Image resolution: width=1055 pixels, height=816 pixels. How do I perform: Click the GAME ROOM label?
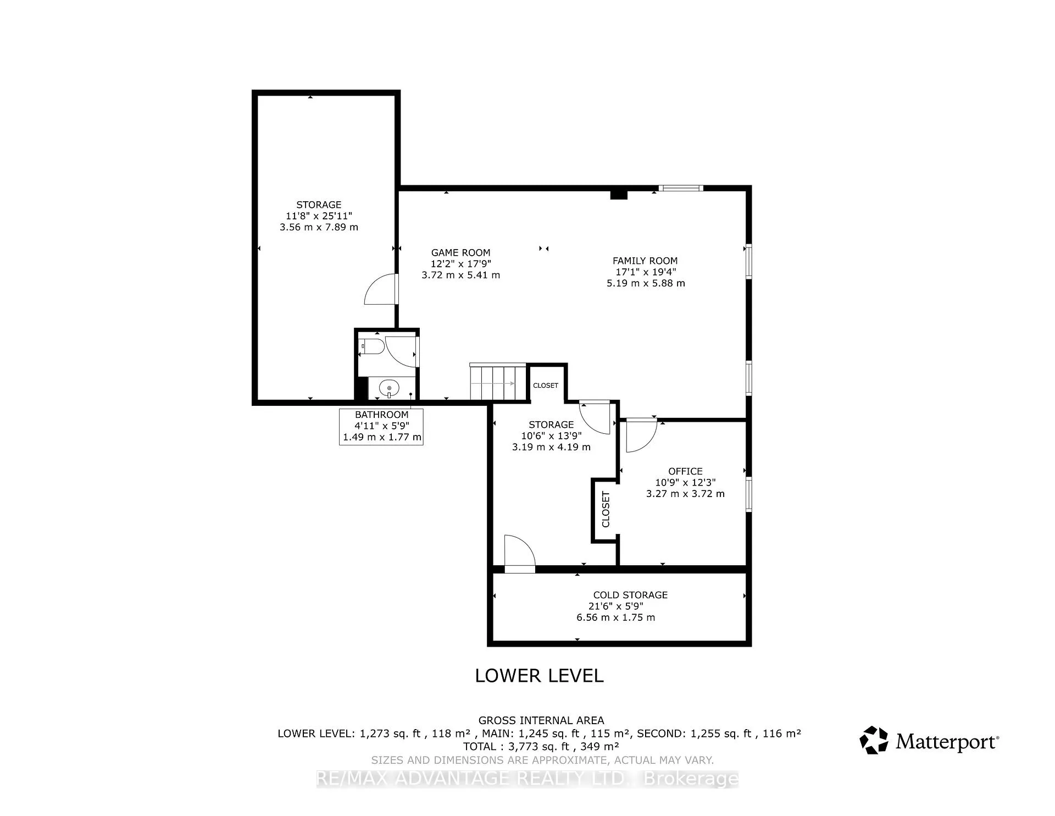(x=460, y=253)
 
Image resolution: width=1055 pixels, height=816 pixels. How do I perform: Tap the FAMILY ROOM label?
(x=645, y=261)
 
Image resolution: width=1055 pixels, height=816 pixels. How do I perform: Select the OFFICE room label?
(x=685, y=471)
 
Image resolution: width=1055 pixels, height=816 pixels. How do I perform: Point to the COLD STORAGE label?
(x=630, y=595)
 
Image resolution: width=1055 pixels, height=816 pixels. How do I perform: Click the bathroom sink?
(x=389, y=389)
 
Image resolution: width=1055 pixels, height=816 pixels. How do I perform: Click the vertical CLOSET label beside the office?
(x=606, y=509)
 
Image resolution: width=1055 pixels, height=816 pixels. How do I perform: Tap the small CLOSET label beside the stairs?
(x=546, y=385)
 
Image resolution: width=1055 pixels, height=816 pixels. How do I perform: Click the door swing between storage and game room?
(x=381, y=289)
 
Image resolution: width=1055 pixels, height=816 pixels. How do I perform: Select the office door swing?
(x=641, y=436)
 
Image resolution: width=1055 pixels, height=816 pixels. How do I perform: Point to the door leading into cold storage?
(x=520, y=554)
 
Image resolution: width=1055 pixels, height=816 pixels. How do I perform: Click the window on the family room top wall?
(x=681, y=188)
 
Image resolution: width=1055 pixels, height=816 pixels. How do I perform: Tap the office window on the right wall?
(x=748, y=495)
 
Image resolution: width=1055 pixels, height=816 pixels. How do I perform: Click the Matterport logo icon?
(x=874, y=740)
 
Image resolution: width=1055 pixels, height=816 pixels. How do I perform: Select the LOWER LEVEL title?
(x=540, y=676)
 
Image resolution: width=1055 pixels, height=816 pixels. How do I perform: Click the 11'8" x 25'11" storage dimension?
(x=319, y=216)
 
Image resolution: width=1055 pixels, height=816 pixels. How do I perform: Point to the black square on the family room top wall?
(x=619, y=194)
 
